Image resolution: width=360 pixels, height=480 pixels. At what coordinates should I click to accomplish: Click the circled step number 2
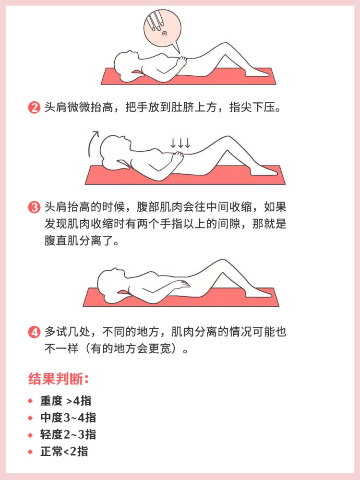coord(34,108)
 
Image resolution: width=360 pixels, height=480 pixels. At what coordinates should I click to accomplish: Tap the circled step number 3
coord(34,208)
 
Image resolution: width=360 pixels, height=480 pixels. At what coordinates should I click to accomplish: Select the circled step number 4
coord(34,332)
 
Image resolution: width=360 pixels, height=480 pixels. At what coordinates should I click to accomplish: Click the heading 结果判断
coord(59,379)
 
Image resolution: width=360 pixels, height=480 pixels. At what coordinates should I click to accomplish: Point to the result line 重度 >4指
coord(65,401)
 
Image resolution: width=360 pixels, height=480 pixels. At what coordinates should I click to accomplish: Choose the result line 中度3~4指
coord(68,418)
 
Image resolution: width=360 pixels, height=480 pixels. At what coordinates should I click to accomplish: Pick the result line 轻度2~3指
coord(68,434)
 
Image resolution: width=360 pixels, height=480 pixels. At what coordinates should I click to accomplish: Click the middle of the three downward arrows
coord(180,143)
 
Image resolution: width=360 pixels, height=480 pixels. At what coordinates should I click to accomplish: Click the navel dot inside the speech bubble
coord(165,33)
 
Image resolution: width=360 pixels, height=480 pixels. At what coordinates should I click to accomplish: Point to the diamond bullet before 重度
coord(30,401)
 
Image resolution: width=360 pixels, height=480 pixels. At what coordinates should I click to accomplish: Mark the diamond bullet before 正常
coord(30,451)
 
